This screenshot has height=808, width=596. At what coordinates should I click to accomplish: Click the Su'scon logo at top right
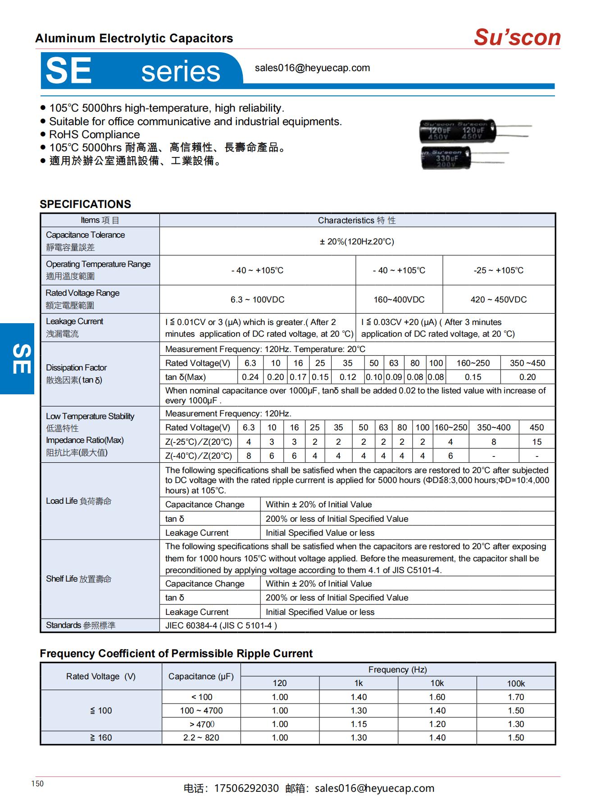[x=517, y=37]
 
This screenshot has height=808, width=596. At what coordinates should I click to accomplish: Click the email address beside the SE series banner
[x=312, y=68]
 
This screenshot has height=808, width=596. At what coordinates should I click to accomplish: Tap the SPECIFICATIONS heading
[x=85, y=204]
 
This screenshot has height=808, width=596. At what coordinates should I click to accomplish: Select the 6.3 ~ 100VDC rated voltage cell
[x=257, y=299]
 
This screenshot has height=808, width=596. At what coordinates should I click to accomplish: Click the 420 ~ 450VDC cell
[x=498, y=299]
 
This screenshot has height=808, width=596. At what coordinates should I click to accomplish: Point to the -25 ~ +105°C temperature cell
[x=498, y=270]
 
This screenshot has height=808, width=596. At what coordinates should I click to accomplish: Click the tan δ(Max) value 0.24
[x=250, y=377]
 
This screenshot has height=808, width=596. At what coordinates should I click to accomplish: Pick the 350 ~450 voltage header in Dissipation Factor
[x=527, y=363]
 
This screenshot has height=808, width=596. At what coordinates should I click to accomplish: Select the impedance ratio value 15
[x=537, y=442]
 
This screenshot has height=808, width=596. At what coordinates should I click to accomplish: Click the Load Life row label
[x=78, y=501]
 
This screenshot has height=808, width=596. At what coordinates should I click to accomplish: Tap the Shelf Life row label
[x=78, y=579]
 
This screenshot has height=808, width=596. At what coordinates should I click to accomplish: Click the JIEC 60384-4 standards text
[x=221, y=625]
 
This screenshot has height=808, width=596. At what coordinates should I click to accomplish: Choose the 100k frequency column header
[x=516, y=683]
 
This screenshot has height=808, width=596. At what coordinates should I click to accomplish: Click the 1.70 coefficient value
[x=516, y=697]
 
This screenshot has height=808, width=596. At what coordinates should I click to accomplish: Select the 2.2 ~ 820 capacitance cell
[x=201, y=737]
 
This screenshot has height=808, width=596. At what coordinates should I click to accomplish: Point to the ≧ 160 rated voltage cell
[x=101, y=737]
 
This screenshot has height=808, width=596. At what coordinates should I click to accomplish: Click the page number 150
[x=37, y=784]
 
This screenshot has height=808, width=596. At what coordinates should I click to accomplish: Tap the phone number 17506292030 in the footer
[x=246, y=788]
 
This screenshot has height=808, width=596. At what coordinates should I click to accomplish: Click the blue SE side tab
[x=17, y=359]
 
